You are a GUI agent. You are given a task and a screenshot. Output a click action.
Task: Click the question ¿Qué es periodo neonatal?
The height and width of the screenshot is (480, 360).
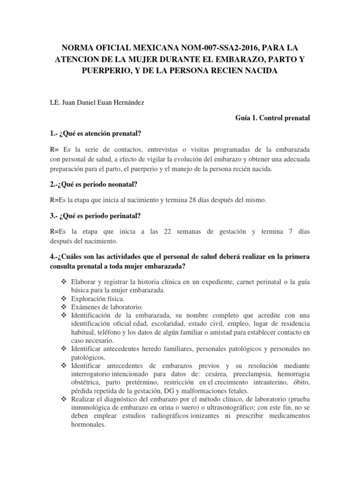(98, 184)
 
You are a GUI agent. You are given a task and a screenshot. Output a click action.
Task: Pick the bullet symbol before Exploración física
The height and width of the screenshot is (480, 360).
(64, 298)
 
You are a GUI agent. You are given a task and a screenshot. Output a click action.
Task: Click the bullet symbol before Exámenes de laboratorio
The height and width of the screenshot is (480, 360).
(64, 307)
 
